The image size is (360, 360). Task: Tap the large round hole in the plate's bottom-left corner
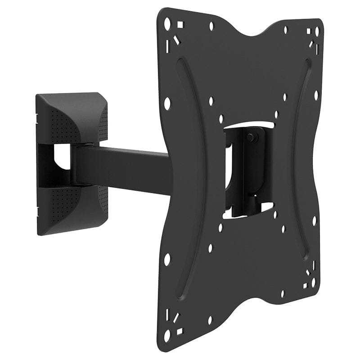(x=167, y=336)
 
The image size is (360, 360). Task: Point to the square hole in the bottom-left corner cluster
(x=180, y=332)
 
